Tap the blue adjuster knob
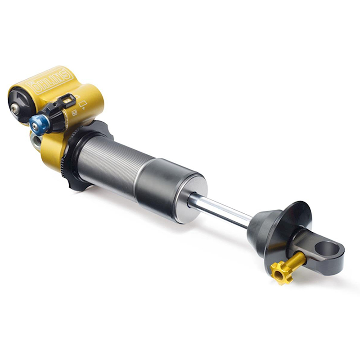point(37,123)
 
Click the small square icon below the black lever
point(74,113)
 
